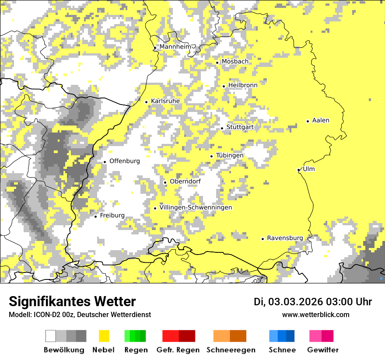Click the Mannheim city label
pos(175,47)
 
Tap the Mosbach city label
pos(234,62)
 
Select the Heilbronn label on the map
pos(242,85)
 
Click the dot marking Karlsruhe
pos(147,102)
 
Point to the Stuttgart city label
pos(240,127)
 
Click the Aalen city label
pos(321,120)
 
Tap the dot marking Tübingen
pos(212,156)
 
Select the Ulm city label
pos(308,169)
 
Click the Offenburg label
pos(124,161)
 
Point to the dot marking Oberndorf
pos(165,182)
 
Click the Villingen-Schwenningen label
pos(196,207)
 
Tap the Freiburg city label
pos(112,216)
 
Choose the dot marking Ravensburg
pos(262,239)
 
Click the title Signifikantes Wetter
pos(72,302)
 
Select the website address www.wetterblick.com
pos(315,314)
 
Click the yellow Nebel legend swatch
pos(104,336)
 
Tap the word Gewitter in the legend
pos(322,350)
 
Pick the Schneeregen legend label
pos(231,350)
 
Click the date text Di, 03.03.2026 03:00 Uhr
pos(313,302)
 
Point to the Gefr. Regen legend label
pos(178,350)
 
